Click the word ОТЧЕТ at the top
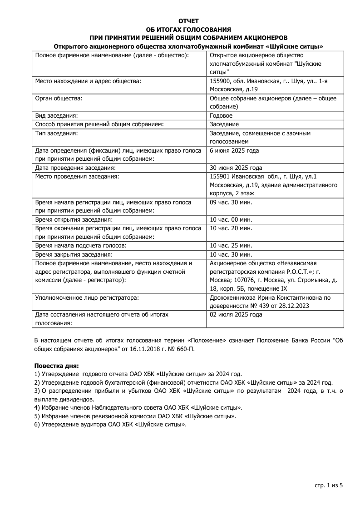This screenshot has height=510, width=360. [x=188, y=21]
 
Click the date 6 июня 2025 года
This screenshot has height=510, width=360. [x=234, y=151]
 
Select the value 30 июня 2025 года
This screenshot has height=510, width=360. [x=236, y=168]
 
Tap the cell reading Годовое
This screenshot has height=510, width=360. [x=221, y=116]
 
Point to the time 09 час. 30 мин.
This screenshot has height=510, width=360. [x=231, y=202]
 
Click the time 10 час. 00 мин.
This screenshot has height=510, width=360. [x=231, y=219]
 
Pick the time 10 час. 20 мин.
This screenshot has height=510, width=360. [x=231, y=228]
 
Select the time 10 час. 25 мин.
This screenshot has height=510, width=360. [x=231, y=245]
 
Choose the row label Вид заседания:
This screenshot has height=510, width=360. [x=56, y=116]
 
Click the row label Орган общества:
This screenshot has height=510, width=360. [x=59, y=98]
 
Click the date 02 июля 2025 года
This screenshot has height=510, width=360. [x=236, y=314]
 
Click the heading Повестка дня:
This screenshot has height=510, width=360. [x=57, y=366]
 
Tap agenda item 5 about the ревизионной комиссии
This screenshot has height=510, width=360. [x=135, y=416]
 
